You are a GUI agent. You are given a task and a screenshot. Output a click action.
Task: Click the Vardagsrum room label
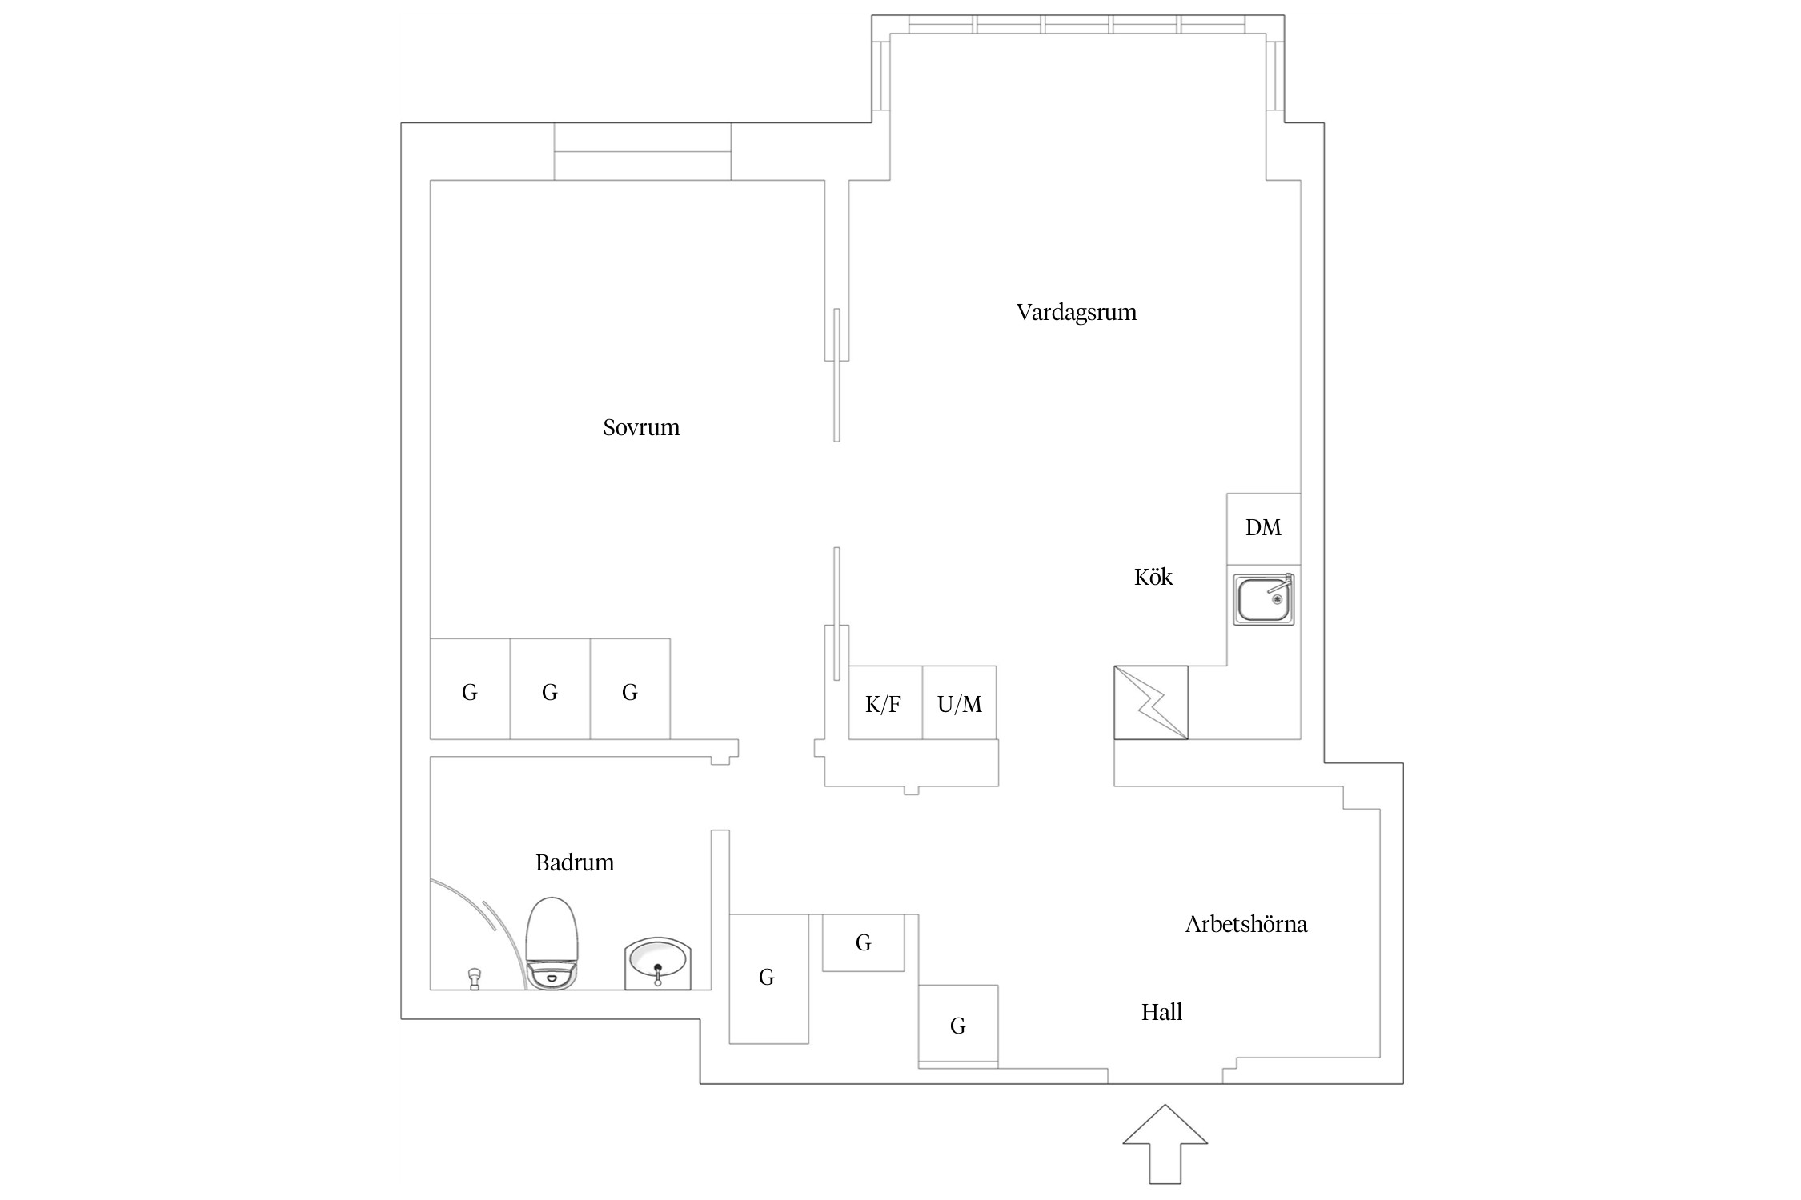pos(1076,313)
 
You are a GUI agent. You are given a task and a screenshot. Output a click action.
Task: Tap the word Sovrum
pos(641,428)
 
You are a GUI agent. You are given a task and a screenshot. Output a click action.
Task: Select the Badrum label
pos(575,863)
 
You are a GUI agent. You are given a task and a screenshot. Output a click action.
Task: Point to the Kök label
pos(1153,578)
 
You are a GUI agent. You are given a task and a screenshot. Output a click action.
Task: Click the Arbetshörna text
pos(1245,925)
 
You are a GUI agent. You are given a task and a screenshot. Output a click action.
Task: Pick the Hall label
pos(1161,1013)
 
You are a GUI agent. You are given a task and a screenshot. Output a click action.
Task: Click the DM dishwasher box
pos(1263,528)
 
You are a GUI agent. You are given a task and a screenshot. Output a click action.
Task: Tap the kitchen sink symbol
pos(1263,600)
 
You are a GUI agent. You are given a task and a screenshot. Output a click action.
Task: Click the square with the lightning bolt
pos(1150,702)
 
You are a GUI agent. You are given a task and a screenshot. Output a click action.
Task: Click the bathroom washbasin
pos(657,962)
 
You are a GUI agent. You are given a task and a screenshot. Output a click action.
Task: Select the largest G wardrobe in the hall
pos(768,978)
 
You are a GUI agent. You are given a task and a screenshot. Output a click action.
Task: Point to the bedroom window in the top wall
pos(642,151)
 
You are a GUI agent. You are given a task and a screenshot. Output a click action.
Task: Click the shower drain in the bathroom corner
pos(474,978)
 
